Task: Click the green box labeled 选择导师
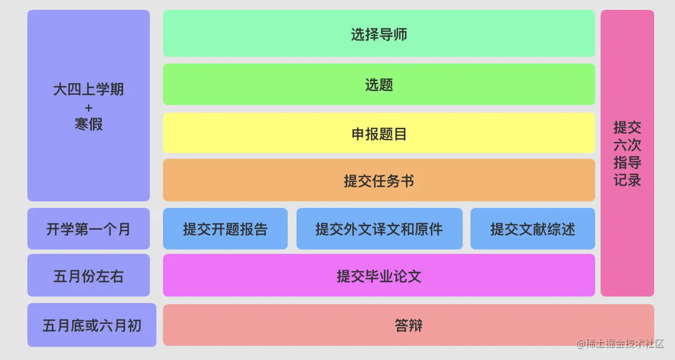[379, 34]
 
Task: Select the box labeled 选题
[379, 84]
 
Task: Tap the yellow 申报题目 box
[379, 133]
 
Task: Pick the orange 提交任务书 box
[379, 181]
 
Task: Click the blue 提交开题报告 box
[225, 229]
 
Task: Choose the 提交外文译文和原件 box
[379, 229]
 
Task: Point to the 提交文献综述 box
[532, 229]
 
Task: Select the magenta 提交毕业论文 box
[379, 276]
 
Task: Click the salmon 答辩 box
[408, 326]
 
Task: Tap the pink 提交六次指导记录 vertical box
[627, 153]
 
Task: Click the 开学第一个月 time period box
[88, 229]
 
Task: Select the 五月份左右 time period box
[88, 276]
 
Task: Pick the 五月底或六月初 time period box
[91, 326]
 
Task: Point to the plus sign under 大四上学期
[89, 108]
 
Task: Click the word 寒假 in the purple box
[89, 125]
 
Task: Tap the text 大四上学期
[89, 89]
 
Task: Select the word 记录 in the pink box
[627, 180]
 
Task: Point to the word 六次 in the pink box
[627, 145]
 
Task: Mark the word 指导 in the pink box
[627, 162]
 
